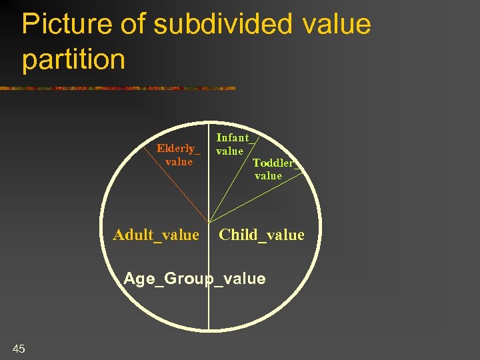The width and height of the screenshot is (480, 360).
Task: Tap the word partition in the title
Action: [73, 59]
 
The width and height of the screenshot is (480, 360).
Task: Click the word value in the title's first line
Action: [336, 25]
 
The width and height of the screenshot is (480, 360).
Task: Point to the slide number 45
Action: [19, 348]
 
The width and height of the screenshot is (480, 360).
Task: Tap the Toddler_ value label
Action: [273, 169]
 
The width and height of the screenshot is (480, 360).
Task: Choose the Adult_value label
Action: [156, 235]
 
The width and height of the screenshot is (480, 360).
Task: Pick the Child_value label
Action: [261, 235]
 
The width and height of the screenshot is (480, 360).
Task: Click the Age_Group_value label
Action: [195, 279]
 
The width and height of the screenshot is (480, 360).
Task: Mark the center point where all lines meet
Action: [209, 222]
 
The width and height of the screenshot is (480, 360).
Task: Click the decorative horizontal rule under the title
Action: [120, 88]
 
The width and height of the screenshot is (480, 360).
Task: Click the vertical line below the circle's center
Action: [209, 307]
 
